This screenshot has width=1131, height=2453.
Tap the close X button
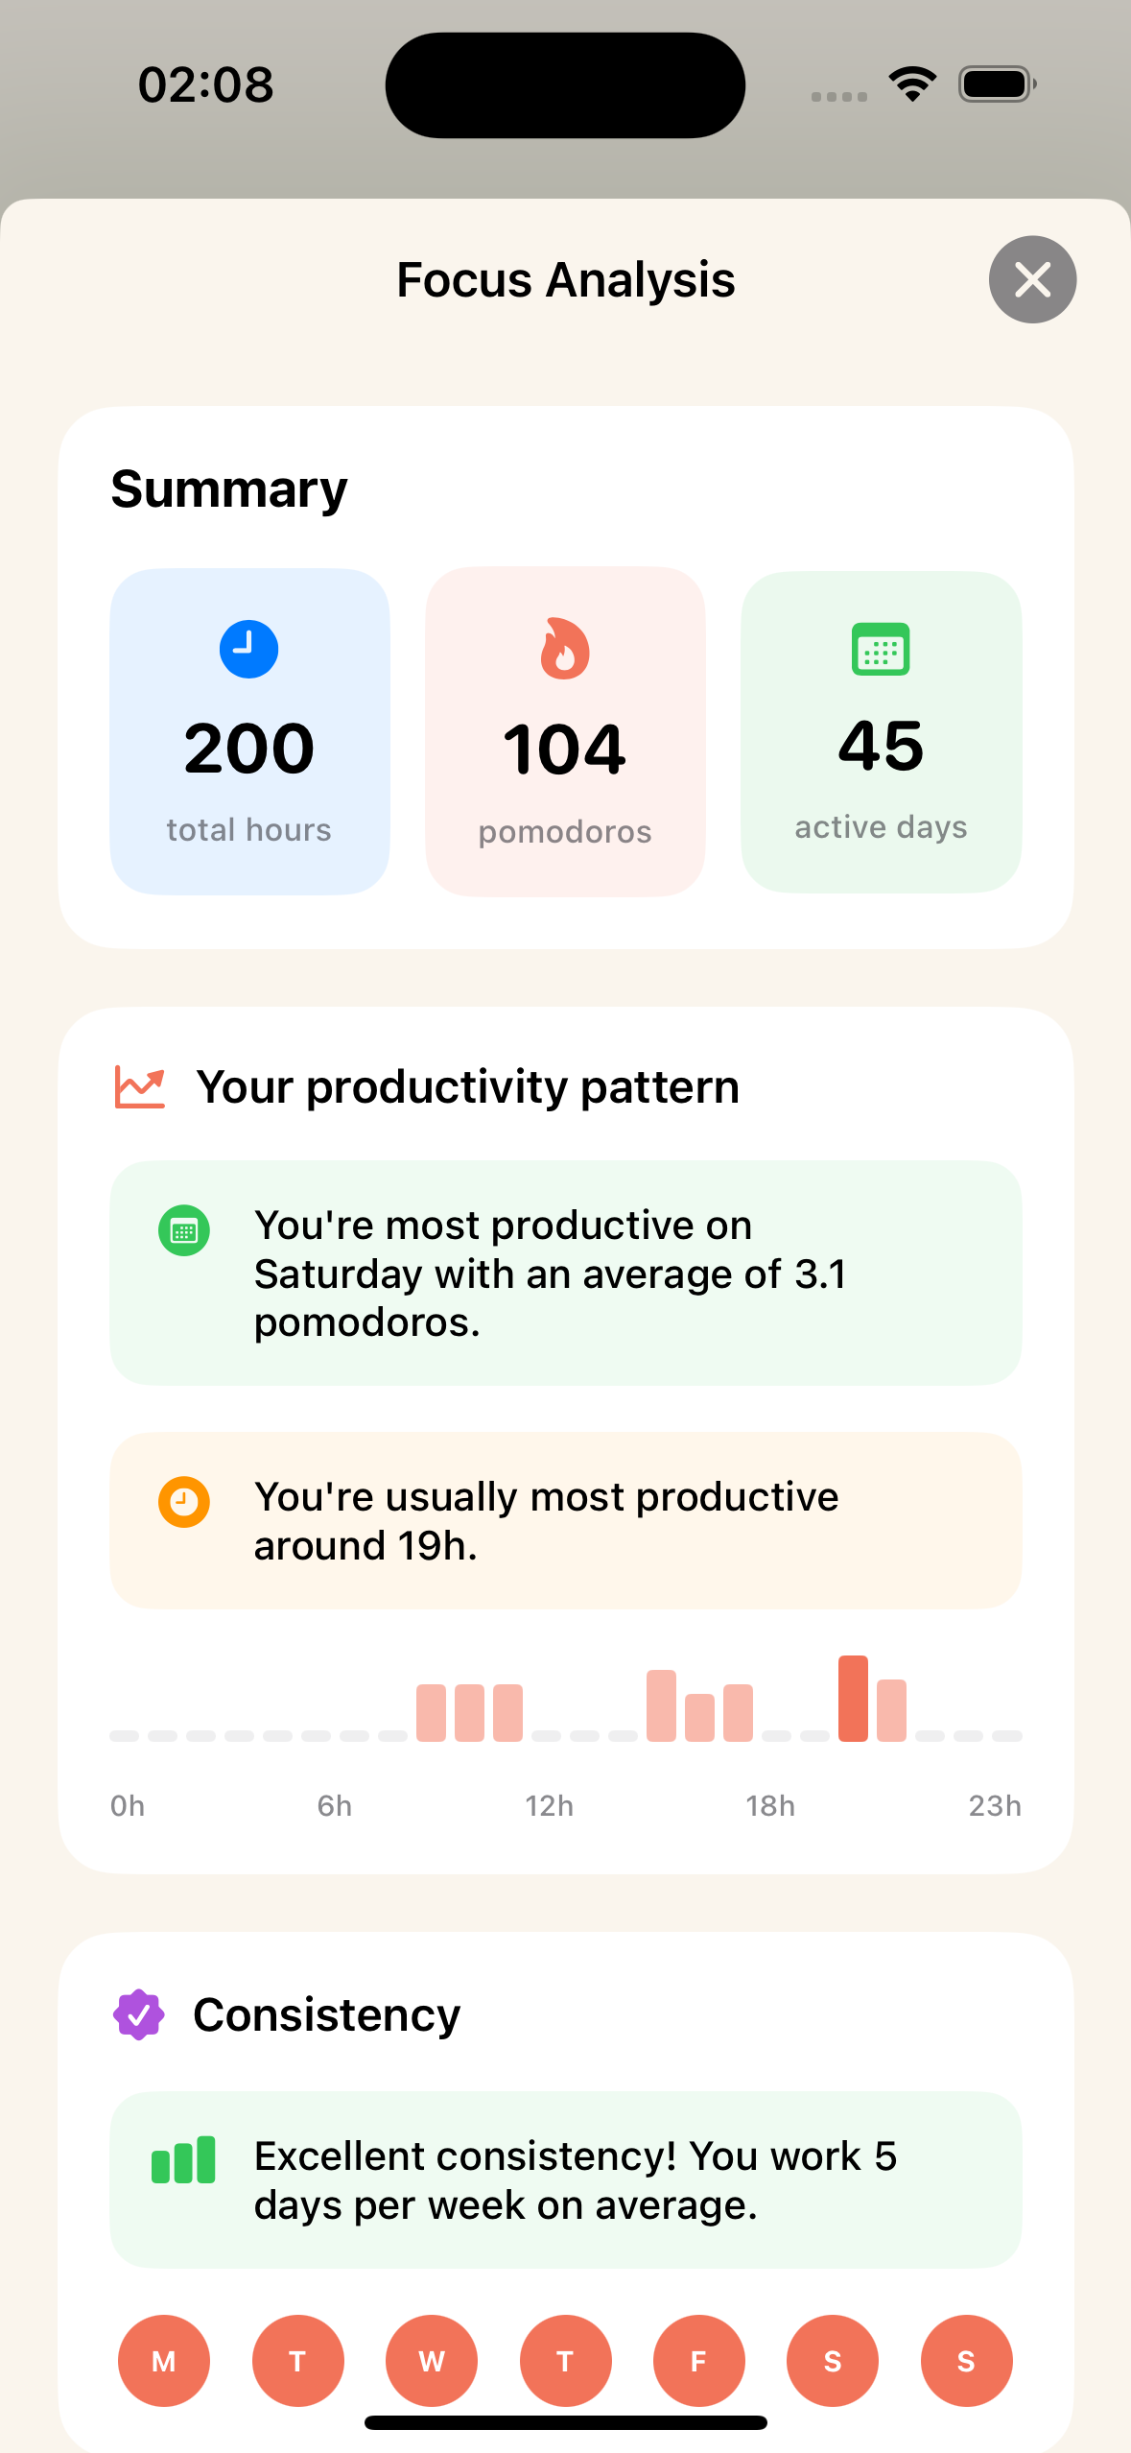click(1032, 279)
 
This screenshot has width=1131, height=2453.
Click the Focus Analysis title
click(565, 280)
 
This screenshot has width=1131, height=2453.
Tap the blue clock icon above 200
click(248, 649)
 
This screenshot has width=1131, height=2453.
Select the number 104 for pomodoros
click(564, 750)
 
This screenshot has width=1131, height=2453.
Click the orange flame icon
click(564, 649)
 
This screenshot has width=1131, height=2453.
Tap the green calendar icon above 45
click(881, 650)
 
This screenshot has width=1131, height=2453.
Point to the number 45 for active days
click(881, 746)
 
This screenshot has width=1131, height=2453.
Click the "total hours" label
click(248, 830)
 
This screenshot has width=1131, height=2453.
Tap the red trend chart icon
click(140, 1087)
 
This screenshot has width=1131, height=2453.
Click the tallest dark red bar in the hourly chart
click(853, 1698)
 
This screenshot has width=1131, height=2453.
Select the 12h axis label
click(549, 1806)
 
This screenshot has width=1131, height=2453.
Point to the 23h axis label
click(994, 1806)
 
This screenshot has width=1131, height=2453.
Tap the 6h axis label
click(334, 1806)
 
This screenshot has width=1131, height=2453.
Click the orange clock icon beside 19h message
click(184, 1501)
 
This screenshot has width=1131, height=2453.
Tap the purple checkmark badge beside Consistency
click(139, 2014)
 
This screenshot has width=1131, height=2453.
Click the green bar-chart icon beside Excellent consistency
click(183, 2160)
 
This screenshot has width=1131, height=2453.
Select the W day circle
click(432, 2361)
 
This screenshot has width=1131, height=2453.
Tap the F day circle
click(698, 2361)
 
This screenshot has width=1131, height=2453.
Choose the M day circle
click(164, 2361)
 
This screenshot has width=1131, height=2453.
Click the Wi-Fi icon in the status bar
click(912, 84)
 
